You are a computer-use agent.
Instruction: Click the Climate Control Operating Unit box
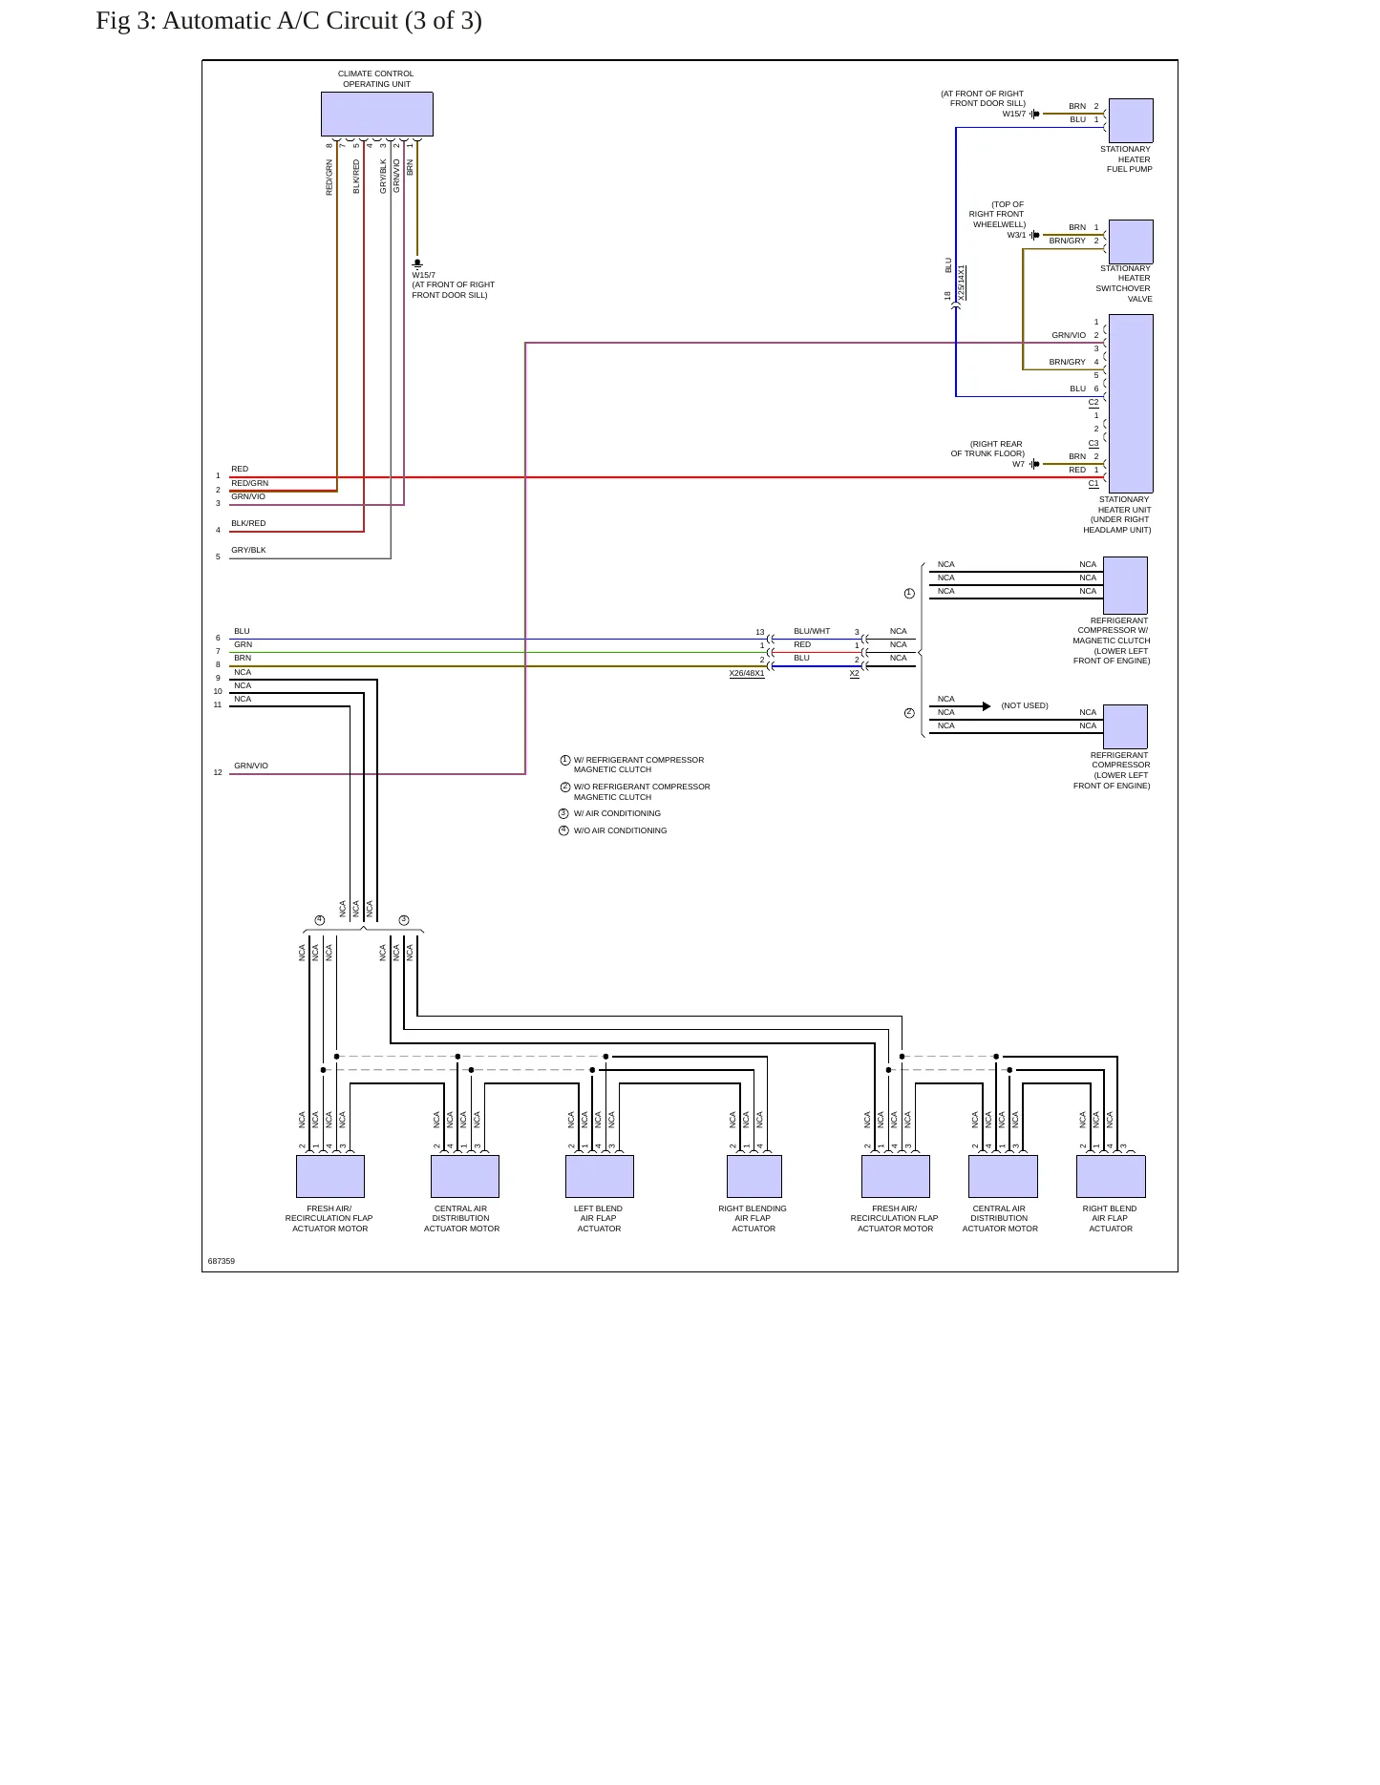pyautogui.click(x=376, y=114)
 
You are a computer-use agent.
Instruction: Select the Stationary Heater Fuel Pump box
pyautogui.click(x=1131, y=120)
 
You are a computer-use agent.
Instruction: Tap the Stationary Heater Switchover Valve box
pyautogui.click(x=1131, y=241)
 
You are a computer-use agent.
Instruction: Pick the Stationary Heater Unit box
pyautogui.click(x=1131, y=403)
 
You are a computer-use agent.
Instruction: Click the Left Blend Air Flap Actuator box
pyautogui.click(x=600, y=1176)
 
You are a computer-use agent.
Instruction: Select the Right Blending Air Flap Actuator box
pyautogui.click(x=754, y=1176)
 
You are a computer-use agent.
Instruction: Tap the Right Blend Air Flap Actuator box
pyautogui.click(x=1111, y=1176)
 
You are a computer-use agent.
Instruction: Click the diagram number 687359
pyautogui.click(x=222, y=1261)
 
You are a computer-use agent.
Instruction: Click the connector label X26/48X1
pyautogui.click(x=747, y=673)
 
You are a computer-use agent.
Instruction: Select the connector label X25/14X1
pyautogui.click(x=962, y=283)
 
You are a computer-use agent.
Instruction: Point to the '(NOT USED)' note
pyautogui.click(x=1025, y=705)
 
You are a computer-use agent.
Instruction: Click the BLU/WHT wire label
pyautogui.click(x=812, y=631)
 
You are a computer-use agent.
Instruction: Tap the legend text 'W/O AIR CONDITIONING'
pyautogui.click(x=621, y=830)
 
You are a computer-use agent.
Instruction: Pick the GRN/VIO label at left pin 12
pyautogui.click(x=251, y=766)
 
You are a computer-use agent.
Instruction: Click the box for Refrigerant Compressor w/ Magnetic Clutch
pyautogui.click(x=1125, y=585)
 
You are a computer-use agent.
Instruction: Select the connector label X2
pyautogui.click(x=855, y=673)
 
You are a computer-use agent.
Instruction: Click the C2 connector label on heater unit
pyautogui.click(x=1093, y=402)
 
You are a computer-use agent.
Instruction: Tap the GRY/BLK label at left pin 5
pyautogui.click(x=248, y=550)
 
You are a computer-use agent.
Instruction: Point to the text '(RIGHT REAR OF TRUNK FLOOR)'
pyautogui.click(x=988, y=449)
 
